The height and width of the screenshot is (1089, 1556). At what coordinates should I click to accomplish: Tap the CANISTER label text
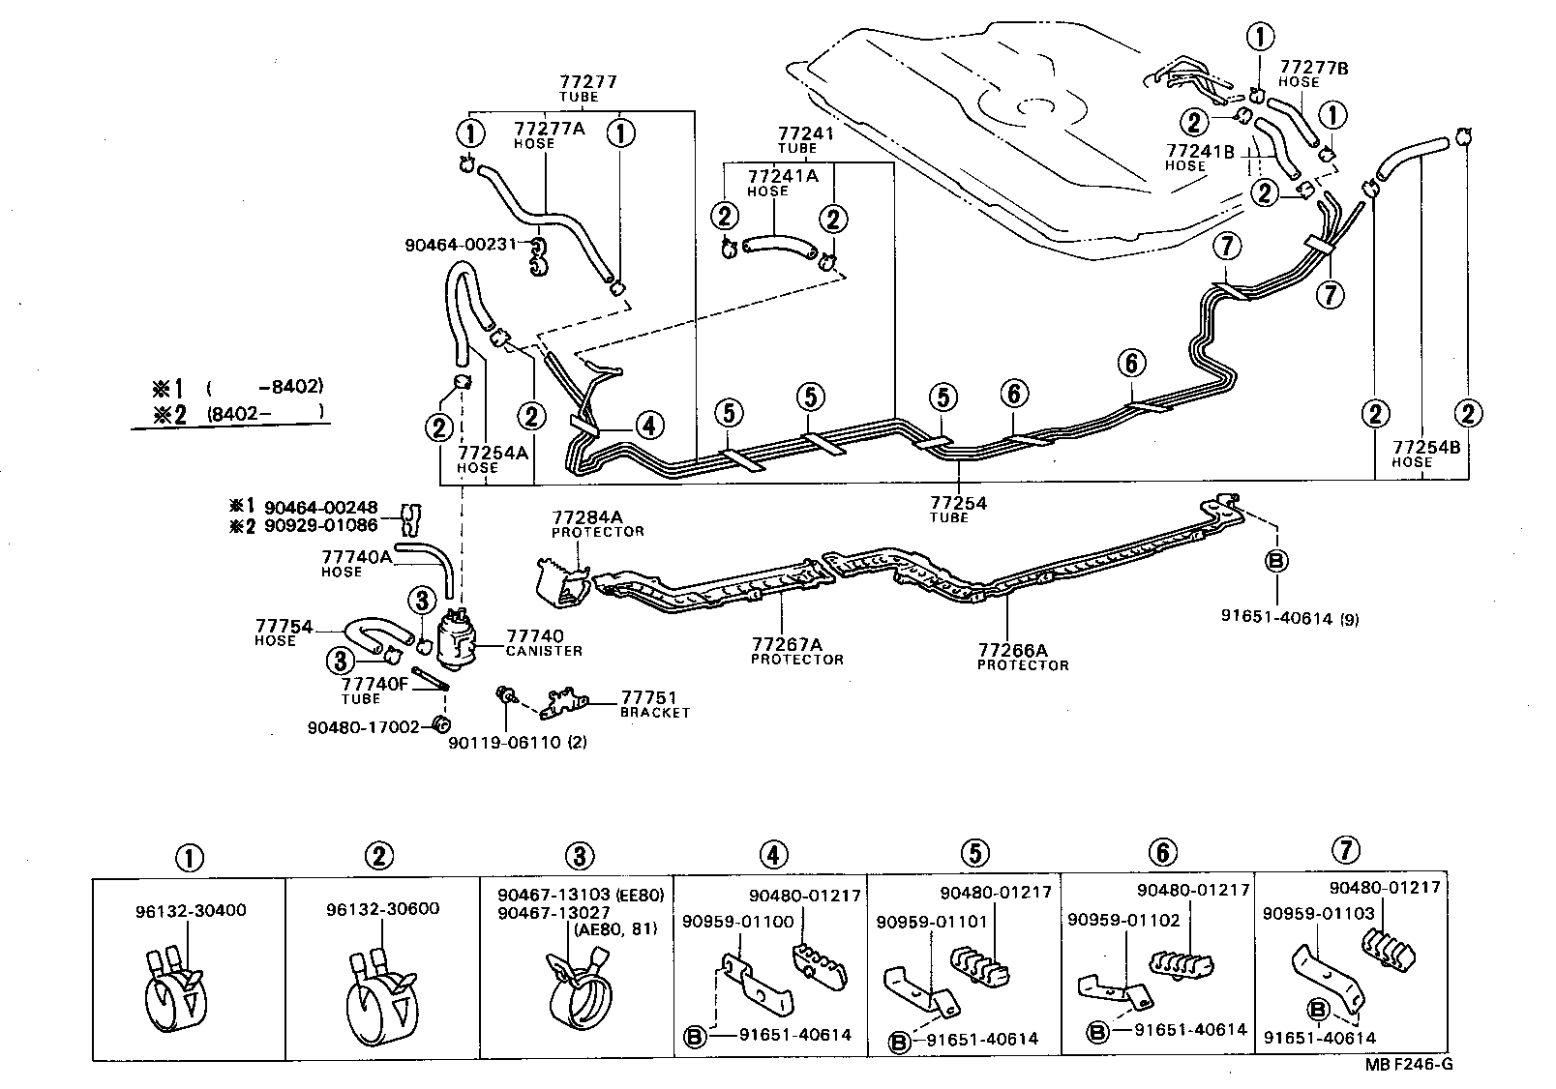pos(544,651)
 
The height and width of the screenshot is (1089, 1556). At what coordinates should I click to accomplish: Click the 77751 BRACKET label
pos(655,703)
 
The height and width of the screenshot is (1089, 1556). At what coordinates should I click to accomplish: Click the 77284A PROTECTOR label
pos(597,523)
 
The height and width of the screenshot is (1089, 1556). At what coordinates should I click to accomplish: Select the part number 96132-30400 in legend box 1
pos(191,910)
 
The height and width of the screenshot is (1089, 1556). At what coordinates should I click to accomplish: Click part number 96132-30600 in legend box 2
pos(383,908)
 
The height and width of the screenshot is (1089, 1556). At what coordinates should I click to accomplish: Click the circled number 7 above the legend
pos(1345,850)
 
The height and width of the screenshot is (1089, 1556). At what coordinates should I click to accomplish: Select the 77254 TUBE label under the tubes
pos(958,509)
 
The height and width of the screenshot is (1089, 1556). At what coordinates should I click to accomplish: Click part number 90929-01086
pos(327,525)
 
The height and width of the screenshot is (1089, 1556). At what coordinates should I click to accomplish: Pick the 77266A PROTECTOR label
pos(1022,658)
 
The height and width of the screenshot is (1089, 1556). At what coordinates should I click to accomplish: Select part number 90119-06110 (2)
pos(518,742)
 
